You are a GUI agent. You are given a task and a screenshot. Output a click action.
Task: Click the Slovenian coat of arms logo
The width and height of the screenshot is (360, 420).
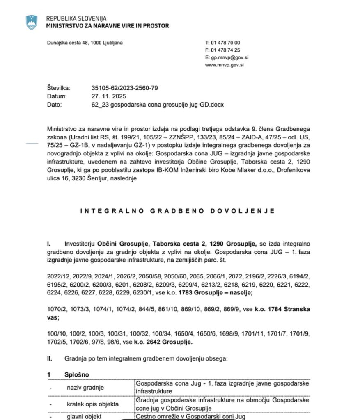click(32, 22)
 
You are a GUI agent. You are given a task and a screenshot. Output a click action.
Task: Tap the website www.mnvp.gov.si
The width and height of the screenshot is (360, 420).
click(224, 65)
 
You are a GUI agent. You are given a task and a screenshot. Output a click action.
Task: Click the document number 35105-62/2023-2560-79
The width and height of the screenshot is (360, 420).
click(125, 88)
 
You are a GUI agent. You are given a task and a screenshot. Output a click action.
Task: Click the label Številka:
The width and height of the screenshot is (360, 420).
click(59, 88)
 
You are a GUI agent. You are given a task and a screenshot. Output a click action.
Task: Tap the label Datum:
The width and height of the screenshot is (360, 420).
click(57, 96)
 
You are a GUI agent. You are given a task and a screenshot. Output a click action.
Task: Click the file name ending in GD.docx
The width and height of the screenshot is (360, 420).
click(158, 105)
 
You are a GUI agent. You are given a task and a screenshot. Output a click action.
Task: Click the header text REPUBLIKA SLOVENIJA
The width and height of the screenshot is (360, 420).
click(76, 18)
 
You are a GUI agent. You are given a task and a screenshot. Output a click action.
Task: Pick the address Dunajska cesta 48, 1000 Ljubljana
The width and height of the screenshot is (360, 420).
click(85, 43)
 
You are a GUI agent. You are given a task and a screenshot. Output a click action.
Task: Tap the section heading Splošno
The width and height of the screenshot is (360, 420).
click(77, 374)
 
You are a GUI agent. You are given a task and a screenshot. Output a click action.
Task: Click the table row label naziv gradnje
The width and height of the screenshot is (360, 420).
click(85, 387)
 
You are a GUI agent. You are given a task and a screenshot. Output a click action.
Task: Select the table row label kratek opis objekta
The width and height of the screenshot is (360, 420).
click(93, 404)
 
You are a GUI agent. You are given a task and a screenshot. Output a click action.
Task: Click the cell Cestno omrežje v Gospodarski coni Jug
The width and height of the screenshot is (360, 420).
click(190, 417)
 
